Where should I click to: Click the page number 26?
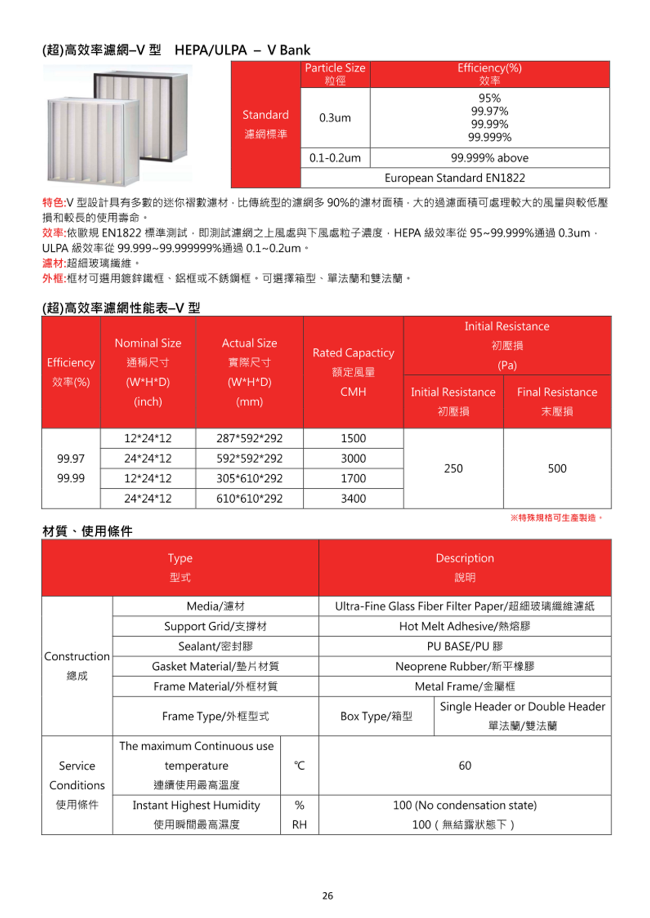pyautogui.click(x=327, y=896)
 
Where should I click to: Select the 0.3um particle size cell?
pyautogui.click(x=335, y=118)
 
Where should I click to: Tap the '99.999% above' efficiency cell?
pyautogui.click(x=489, y=158)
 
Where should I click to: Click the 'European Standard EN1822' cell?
pyautogui.click(x=454, y=178)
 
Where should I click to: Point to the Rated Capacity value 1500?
pyautogui.click(x=353, y=438)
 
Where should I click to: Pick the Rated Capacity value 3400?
pyautogui.click(x=353, y=498)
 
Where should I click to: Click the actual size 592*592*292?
pyautogui.click(x=249, y=458)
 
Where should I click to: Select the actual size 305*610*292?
pyautogui.click(x=249, y=478)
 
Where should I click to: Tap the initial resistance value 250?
pyautogui.click(x=453, y=468)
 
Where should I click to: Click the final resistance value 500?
pyautogui.click(x=557, y=468)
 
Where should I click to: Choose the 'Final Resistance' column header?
pyautogui.click(x=557, y=401)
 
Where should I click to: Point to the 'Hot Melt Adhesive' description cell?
pyautogui.click(x=464, y=626)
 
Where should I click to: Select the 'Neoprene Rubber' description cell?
pyautogui.click(x=464, y=667)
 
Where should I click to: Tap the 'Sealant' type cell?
pyautogui.click(x=215, y=646)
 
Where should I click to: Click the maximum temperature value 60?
pyautogui.click(x=464, y=765)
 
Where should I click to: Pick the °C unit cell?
pyautogui.click(x=299, y=765)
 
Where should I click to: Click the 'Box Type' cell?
pyautogui.click(x=376, y=716)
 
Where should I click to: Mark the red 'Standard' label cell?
pyautogui.click(x=266, y=124)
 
